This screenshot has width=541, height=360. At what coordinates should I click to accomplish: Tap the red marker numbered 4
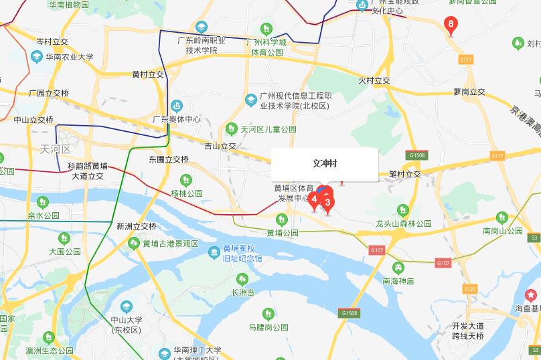click(314, 199)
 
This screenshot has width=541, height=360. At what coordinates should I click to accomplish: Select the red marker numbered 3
click(328, 202)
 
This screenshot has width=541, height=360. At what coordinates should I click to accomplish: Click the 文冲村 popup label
click(325, 164)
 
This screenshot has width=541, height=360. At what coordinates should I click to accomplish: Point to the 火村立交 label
click(374, 80)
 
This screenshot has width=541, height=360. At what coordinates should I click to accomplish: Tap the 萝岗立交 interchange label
click(469, 92)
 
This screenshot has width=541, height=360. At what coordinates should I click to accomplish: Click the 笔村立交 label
click(405, 174)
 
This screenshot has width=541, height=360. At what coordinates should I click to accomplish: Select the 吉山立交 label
click(220, 146)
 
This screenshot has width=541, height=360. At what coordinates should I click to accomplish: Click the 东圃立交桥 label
click(169, 159)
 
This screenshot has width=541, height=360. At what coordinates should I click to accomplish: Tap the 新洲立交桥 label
click(136, 226)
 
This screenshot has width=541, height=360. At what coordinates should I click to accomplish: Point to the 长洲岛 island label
click(243, 292)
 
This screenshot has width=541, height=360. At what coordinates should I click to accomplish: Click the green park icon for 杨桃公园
click(186, 179)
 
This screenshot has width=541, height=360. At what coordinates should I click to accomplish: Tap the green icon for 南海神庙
click(398, 267)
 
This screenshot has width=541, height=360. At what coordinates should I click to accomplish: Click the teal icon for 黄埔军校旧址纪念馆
click(214, 252)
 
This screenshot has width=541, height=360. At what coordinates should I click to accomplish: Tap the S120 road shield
click(469, 289)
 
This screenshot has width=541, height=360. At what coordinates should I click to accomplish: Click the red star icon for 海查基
click(532, 294)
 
